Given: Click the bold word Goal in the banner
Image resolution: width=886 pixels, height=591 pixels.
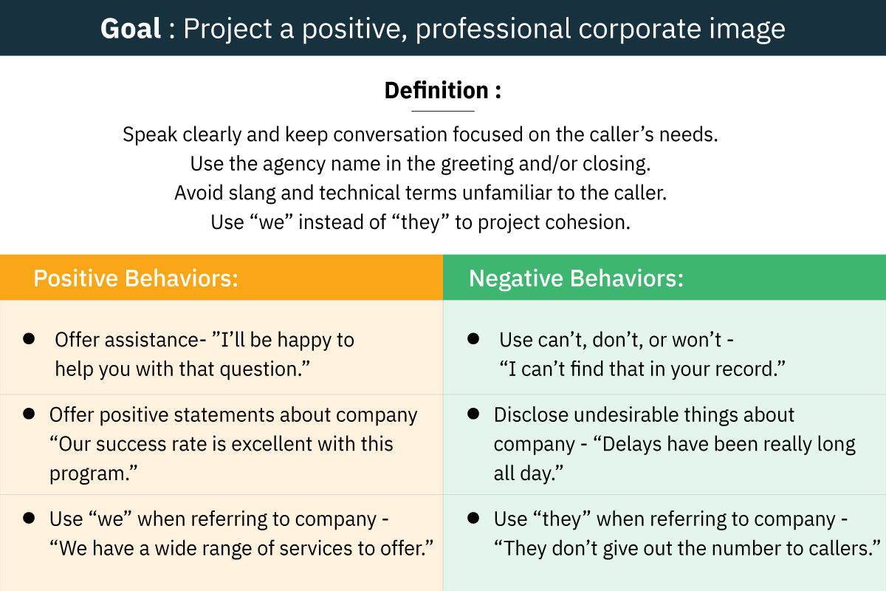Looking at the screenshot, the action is coord(131,29).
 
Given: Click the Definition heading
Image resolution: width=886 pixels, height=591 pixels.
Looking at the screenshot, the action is coord(443,90).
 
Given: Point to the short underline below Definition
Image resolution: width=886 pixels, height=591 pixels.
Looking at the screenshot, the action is coord(443,112).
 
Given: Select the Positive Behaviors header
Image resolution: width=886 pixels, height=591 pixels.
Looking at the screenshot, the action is coord(136,278).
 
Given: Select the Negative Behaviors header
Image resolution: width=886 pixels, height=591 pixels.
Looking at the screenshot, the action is coord(577,278).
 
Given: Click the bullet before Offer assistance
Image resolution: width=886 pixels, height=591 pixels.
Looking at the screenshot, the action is coord(29,339).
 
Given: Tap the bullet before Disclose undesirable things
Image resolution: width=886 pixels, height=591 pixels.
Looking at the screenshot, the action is coord(473,414).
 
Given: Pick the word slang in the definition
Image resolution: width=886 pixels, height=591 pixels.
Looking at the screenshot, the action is coord(252,194).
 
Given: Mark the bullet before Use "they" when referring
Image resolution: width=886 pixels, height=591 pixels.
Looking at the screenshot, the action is coord(473,518).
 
